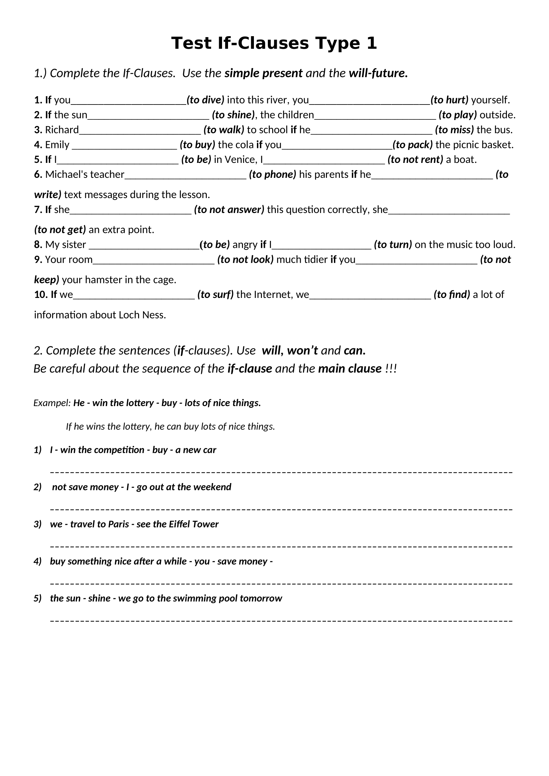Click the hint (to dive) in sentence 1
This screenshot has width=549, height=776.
[205, 100]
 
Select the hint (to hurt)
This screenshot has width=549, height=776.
[449, 100]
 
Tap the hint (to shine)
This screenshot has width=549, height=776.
[233, 115]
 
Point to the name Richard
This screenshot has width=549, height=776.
[62, 130]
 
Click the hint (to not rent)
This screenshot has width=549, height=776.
[415, 160]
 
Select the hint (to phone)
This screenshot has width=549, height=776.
[273, 175]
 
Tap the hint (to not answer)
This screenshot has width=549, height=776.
[229, 210]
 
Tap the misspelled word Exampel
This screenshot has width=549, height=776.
[52, 403]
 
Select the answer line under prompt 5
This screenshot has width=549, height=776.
[281, 621]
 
